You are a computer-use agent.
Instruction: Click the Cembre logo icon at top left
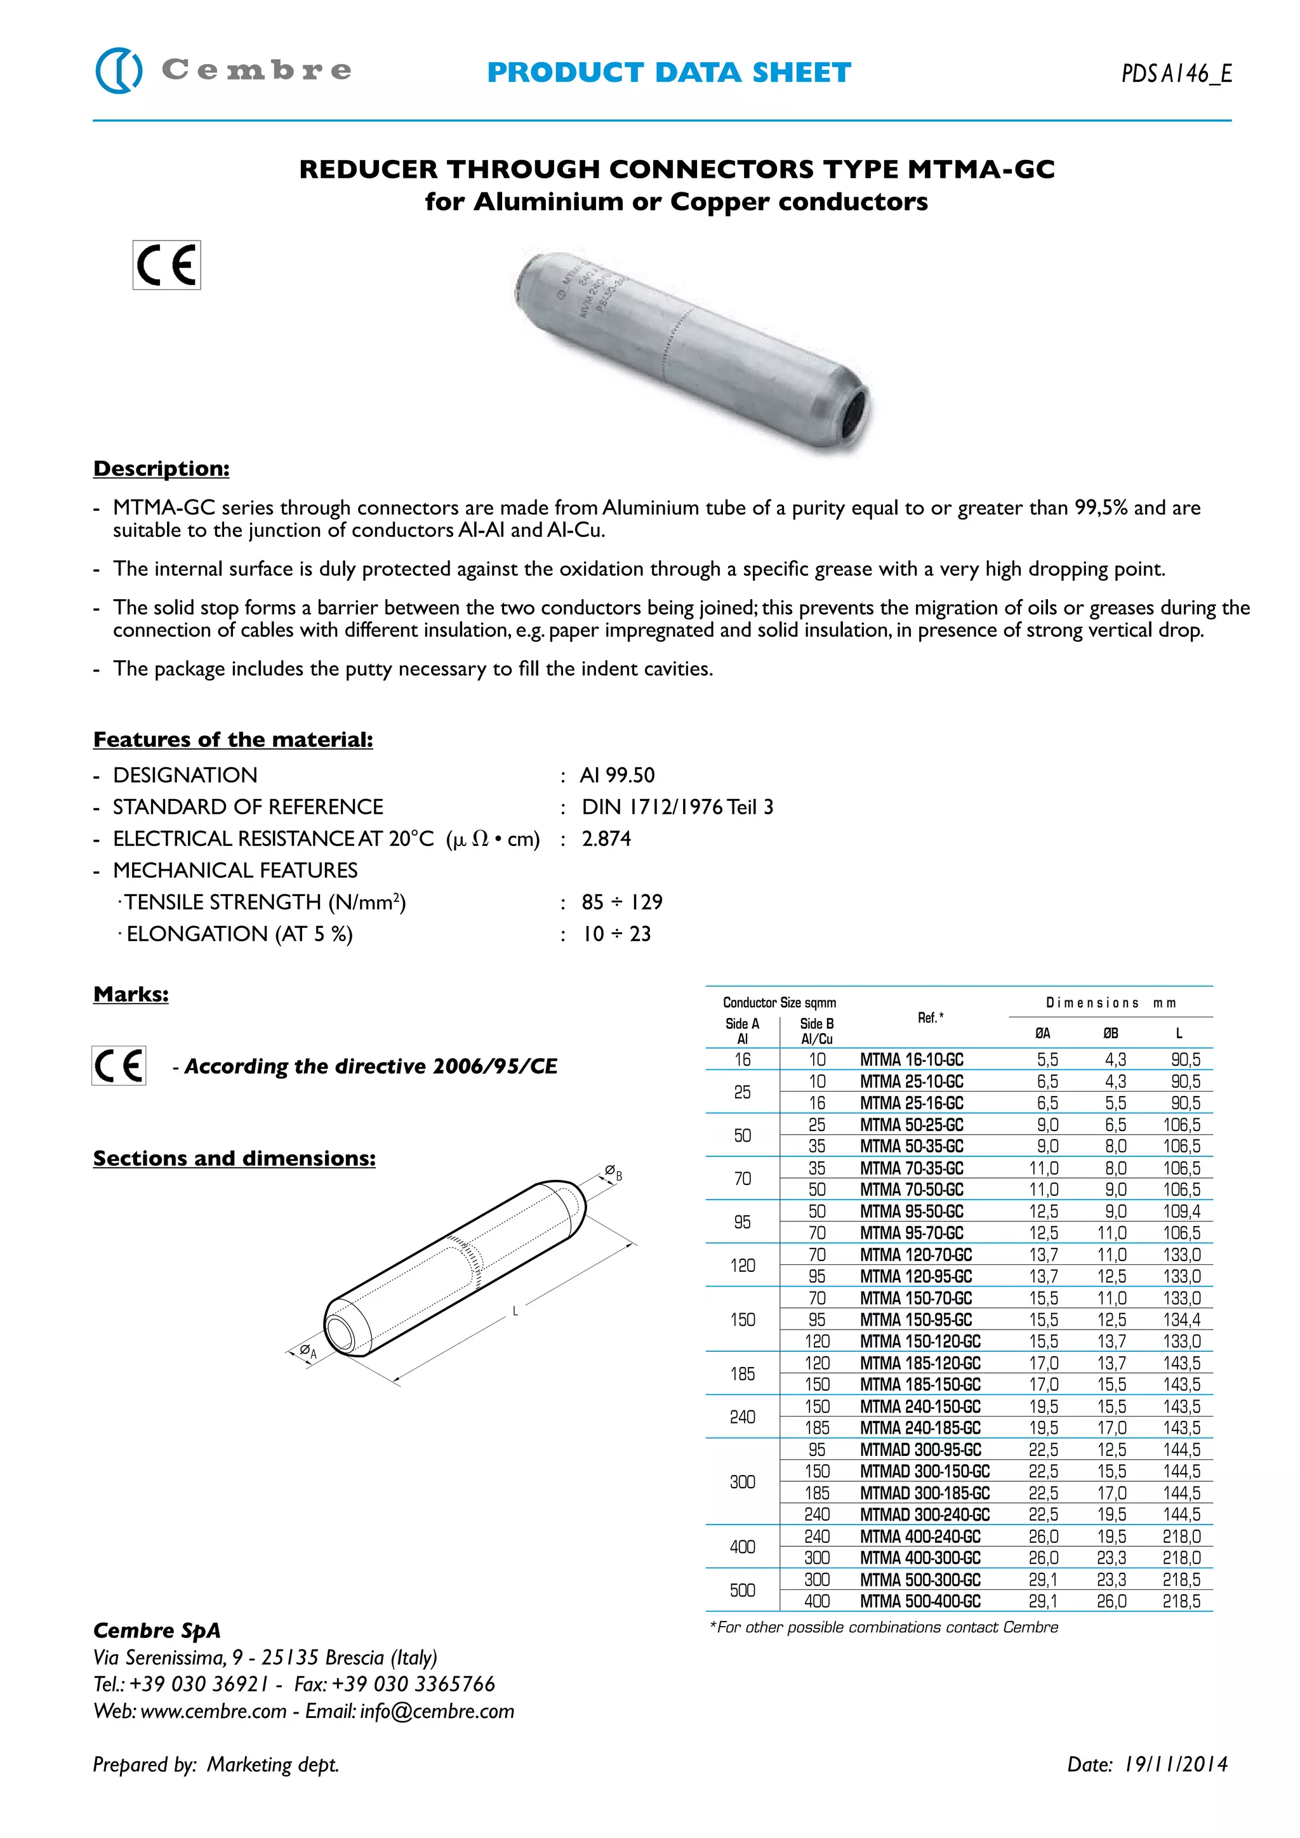(119, 70)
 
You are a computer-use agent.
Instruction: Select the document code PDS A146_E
(1176, 74)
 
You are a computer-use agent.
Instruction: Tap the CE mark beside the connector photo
(166, 265)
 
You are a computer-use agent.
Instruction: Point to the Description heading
(162, 468)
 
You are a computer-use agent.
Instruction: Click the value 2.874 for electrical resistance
(606, 839)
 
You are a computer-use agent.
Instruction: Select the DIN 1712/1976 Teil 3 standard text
(677, 807)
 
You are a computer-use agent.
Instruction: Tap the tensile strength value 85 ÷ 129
(622, 902)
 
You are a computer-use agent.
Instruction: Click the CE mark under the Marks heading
(119, 1066)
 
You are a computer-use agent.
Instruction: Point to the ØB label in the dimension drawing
(613, 1174)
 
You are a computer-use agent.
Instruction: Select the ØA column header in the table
(1043, 1033)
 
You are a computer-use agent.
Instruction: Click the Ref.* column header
(930, 1017)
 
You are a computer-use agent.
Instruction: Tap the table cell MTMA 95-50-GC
(912, 1211)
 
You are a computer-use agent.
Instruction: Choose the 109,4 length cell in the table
(1181, 1211)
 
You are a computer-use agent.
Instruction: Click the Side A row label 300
(742, 1482)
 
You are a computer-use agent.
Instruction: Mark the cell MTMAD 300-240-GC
(925, 1514)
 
